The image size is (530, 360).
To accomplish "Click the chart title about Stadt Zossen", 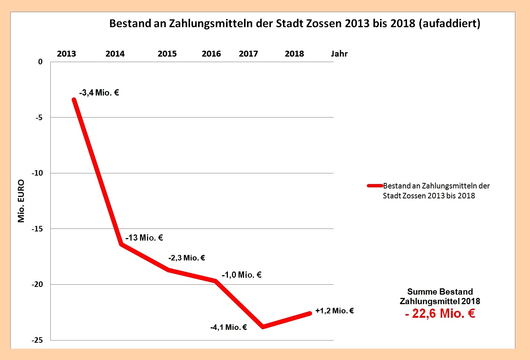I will [x=295, y=24].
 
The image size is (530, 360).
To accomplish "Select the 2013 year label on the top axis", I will [x=67, y=54].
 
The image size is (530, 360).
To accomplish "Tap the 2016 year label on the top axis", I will [x=211, y=54].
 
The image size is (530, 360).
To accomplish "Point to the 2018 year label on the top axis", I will [x=294, y=54].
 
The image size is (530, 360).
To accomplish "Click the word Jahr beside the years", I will [x=339, y=54].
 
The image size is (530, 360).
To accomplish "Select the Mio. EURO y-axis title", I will [x=21, y=201].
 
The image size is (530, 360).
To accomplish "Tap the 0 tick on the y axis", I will [x=40, y=62].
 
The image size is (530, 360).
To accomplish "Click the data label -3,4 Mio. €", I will [x=99, y=93].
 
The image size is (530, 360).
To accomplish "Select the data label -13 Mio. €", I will [x=144, y=238].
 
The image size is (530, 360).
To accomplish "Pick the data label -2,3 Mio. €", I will [x=187, y=258].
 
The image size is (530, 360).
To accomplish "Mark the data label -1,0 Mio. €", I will [x=241, y=275].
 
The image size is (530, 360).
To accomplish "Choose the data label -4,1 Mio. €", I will [x=229, y=327].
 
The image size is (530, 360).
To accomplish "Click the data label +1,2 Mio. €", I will [x=334, y=311].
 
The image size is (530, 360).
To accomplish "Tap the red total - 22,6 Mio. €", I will [x=440, y=313].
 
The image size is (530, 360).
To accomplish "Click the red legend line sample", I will [x=375, y=186].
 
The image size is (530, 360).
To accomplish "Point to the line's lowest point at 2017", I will [x=263, y=327].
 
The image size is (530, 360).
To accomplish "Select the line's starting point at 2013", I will [x=74, y=100].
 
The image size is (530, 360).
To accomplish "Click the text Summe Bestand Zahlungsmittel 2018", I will [x=440, y=296].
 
